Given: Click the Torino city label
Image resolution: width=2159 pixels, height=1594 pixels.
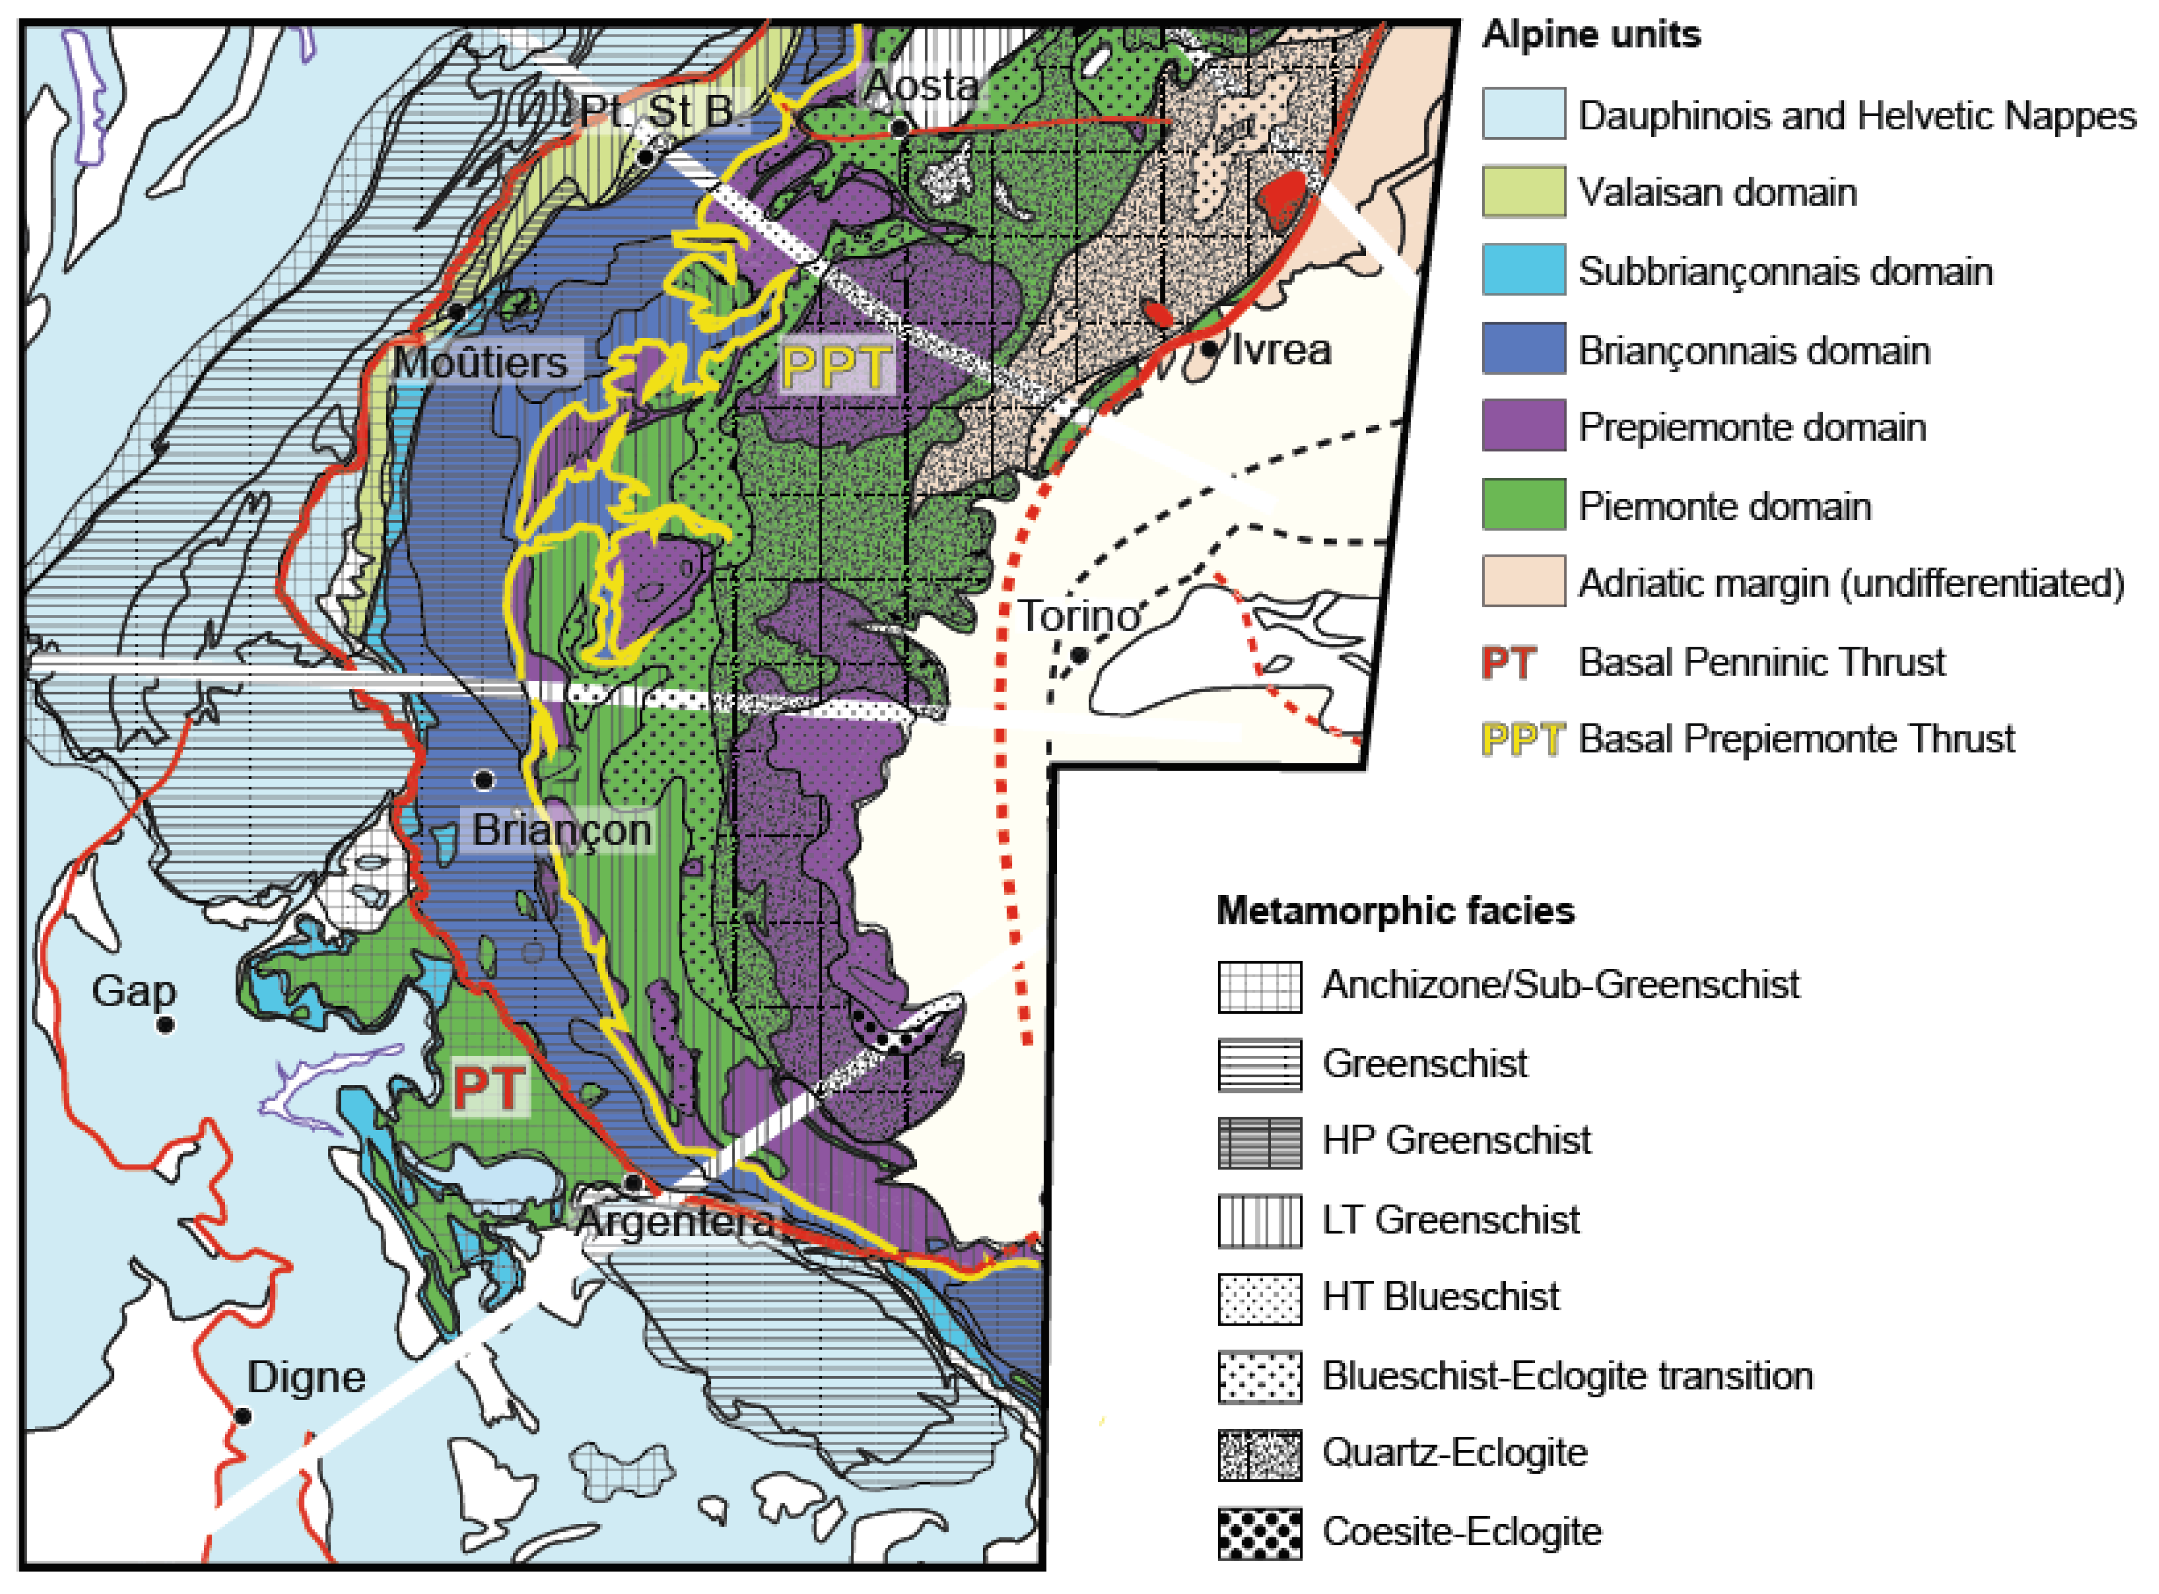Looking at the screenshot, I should coord(1079,616).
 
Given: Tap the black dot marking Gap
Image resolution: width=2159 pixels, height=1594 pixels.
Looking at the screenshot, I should coord(165,1025).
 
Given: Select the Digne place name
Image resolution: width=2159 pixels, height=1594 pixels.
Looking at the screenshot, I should coord(306,1377).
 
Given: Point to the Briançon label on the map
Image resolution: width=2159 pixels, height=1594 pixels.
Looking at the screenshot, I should coord(562,831).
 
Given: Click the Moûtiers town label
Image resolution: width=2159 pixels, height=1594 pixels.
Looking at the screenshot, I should coord(481,363).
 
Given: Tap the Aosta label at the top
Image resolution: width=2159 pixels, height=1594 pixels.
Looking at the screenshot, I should coord(922,85).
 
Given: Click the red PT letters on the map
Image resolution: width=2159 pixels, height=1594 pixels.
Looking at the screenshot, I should coord(490,1088).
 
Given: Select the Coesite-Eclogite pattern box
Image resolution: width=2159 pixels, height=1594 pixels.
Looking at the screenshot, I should coord(1259,1532).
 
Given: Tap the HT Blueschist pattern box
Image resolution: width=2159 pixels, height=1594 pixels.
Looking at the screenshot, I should coord(1259,1298).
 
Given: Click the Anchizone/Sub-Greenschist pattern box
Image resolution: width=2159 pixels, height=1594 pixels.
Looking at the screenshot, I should coord(1259,986).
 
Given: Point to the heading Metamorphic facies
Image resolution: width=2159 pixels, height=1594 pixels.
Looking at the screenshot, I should coord(1395,910).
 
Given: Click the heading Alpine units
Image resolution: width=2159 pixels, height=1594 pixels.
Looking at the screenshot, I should coord(1590,35).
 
